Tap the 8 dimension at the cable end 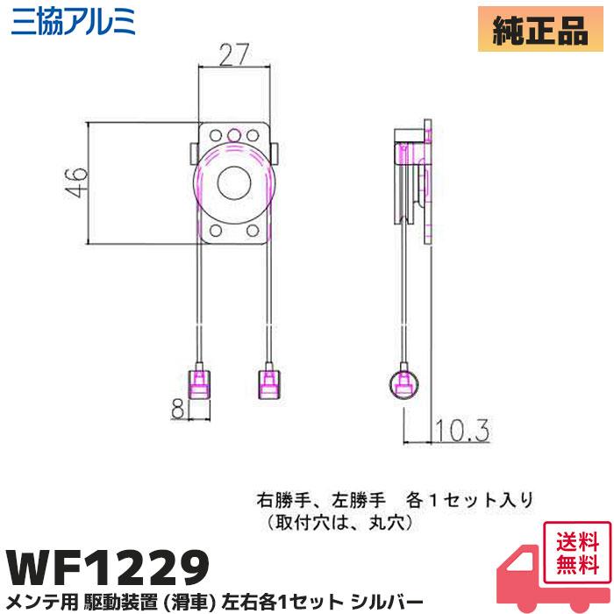(x=178, y=409)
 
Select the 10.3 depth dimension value (x=459, y=430)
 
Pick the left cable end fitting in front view (x=201, y=382)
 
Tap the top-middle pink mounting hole (x=234, y=135)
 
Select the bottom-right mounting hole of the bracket (x=253, y=232)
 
